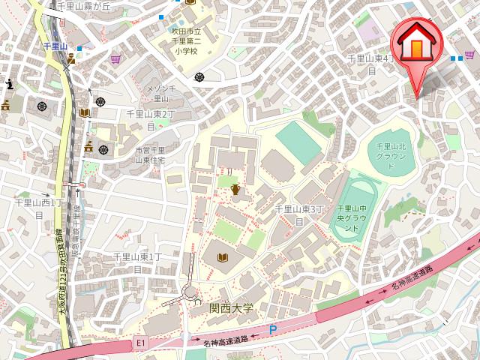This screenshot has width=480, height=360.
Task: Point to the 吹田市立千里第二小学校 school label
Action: click(184, 42)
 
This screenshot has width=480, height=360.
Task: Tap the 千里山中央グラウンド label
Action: click(349, 217)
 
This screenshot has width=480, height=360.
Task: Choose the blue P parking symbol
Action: click(273, 329)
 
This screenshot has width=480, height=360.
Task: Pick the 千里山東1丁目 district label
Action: click(138, 262)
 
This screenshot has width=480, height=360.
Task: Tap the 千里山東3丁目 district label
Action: click(298, 214)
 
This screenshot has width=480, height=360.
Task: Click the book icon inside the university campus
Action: click(222, 259)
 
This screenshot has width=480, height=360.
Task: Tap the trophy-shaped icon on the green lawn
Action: click(235, 190)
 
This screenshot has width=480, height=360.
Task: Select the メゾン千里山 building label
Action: click(160, 93)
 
